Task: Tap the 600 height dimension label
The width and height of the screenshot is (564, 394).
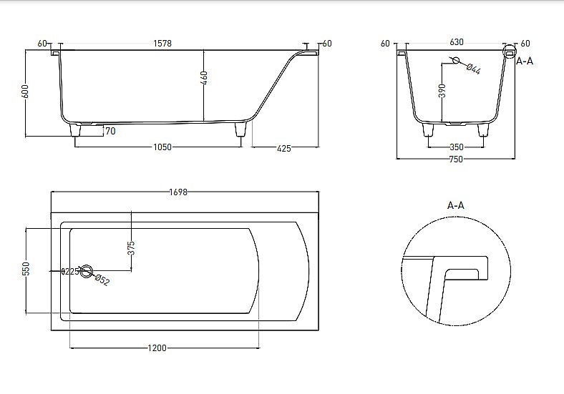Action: [26, 92]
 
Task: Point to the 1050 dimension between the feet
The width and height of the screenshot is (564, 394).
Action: [162, 147]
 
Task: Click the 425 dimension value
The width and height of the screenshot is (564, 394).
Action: [283, 148]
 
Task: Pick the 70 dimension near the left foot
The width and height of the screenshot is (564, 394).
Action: [110, 131]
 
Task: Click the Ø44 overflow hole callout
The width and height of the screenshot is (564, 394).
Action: [473, 69]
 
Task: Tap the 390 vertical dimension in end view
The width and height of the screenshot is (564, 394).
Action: [442, 91]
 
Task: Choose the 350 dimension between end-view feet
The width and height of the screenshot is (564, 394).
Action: [456, 147]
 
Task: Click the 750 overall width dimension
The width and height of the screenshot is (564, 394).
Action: [456, 159]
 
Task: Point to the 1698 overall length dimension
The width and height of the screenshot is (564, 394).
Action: [178, 192]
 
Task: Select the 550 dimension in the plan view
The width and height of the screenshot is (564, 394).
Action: [26, 269]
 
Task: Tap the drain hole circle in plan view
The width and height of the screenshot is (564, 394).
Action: [87, 271]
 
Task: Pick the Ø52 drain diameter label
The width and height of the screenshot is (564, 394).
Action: [102, 280]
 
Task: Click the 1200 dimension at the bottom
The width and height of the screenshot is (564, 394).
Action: [157, 348]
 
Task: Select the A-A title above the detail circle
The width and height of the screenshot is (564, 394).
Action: [456, 205]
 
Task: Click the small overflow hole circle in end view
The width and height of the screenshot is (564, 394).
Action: [456, 60]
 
